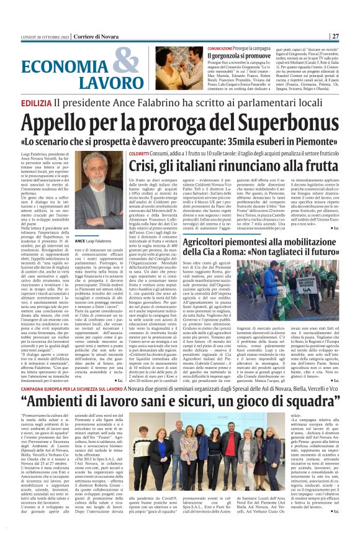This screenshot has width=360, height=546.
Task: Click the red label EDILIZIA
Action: [x=35, y=102]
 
